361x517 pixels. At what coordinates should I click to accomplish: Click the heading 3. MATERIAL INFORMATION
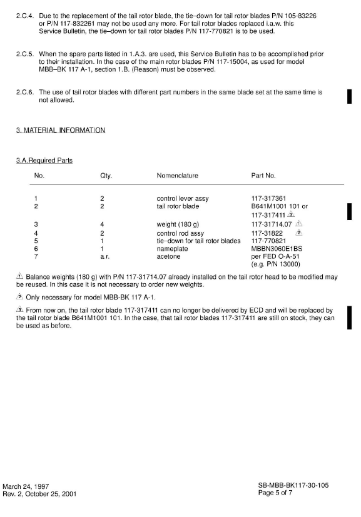click(x=60, y=130)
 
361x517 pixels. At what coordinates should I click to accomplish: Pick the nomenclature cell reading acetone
click(x=169, y=255)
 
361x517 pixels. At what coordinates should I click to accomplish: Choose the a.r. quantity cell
click(x=104, y=255)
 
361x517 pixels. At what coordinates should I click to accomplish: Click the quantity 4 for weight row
click(x=102, y=223)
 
